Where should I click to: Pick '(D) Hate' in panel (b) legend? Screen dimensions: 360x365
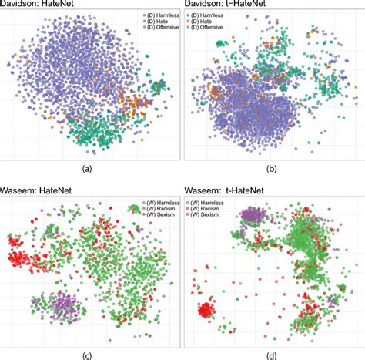[206, 22]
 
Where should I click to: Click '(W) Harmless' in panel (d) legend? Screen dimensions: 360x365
[212, 202]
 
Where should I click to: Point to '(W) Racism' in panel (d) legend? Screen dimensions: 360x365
[210, 209]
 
